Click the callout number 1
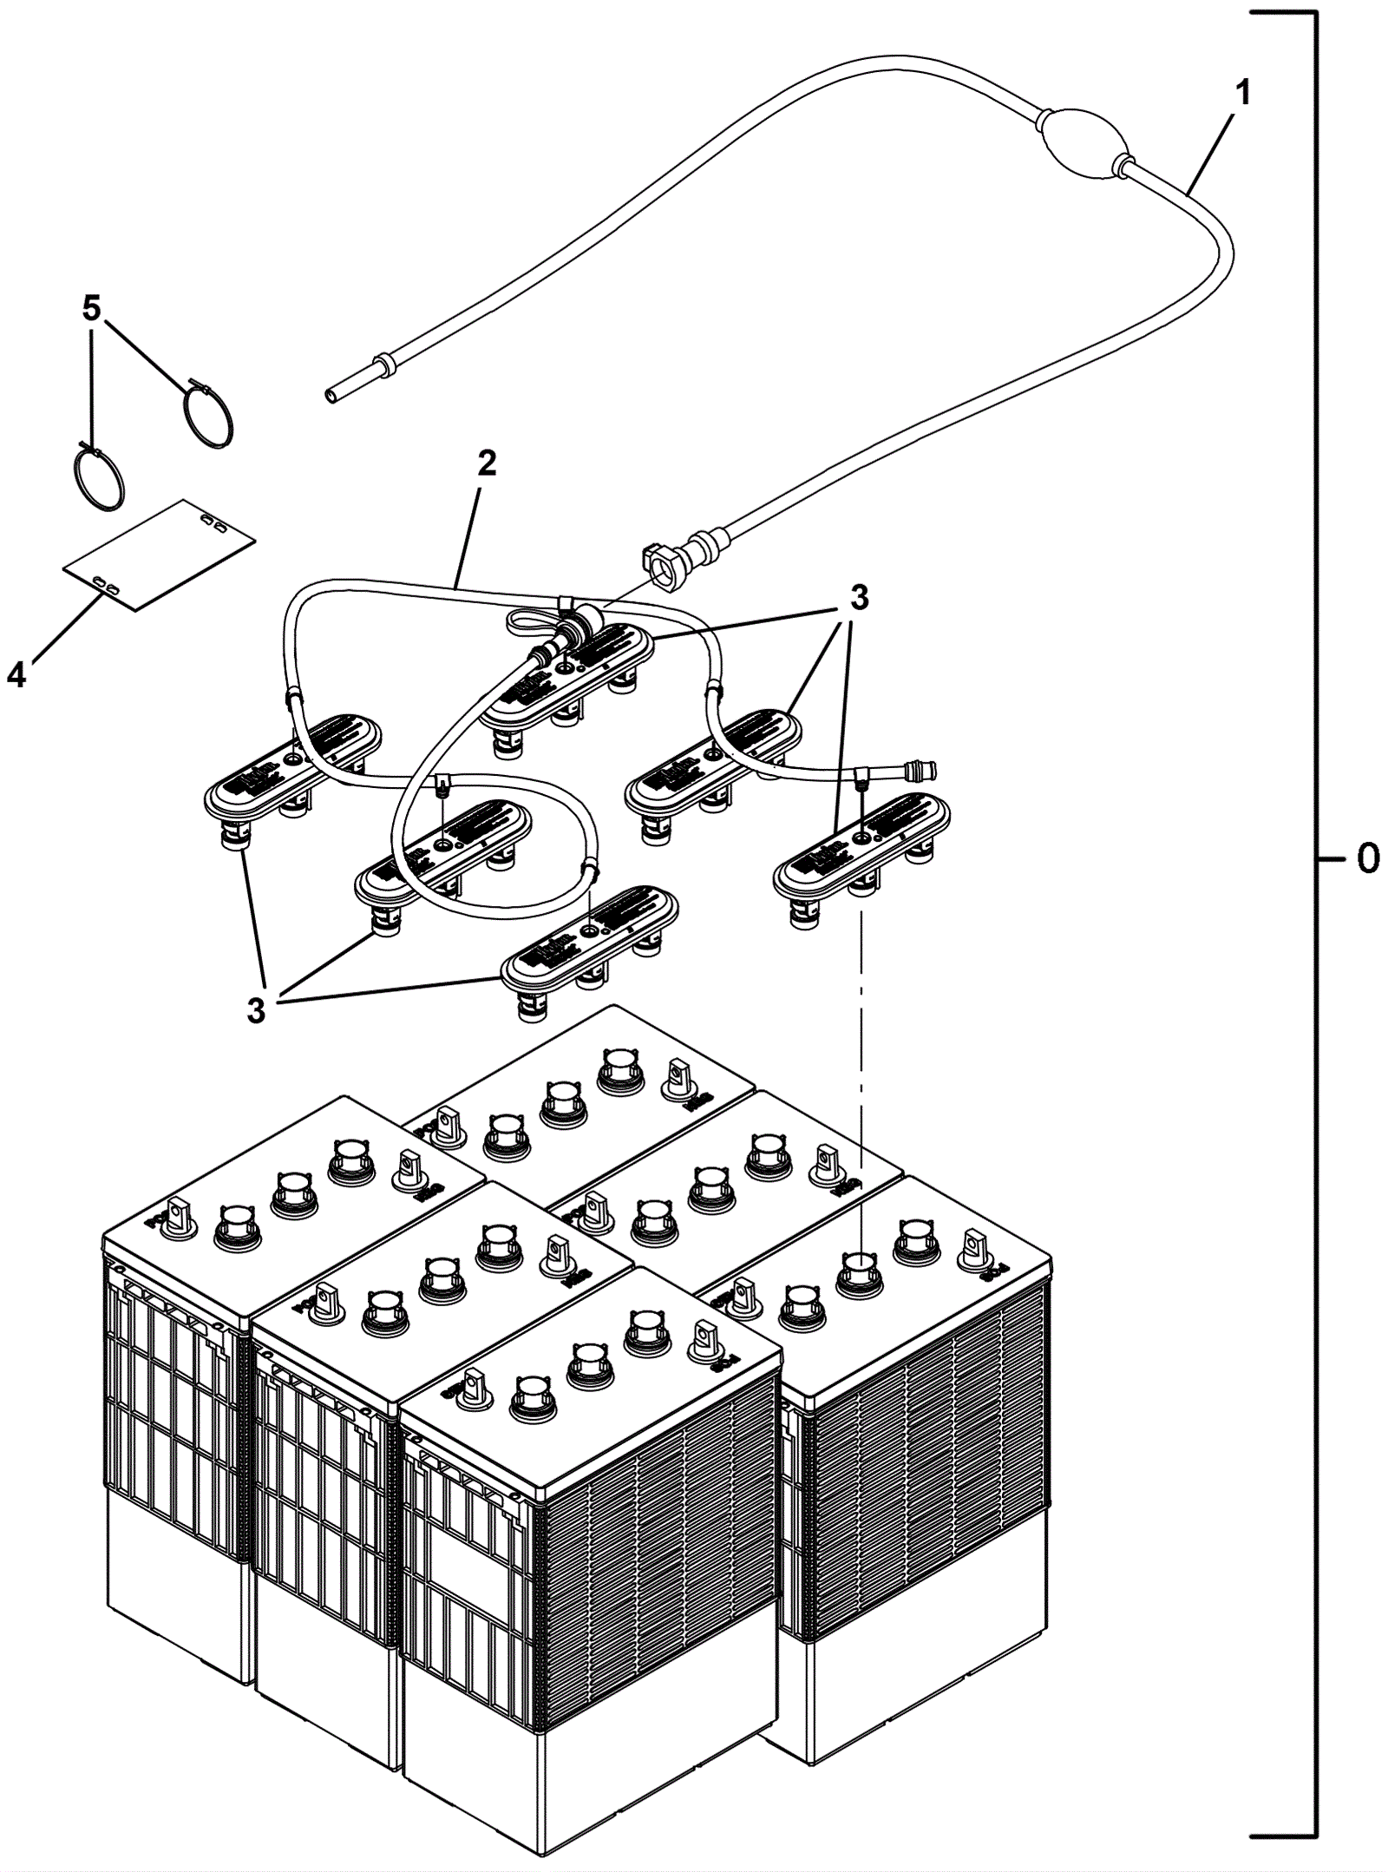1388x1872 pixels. (x=1242, y=93)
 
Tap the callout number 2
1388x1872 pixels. (x=487, y=463)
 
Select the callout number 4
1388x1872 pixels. (x=16, y=674)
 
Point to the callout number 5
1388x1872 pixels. (x=91, y=309)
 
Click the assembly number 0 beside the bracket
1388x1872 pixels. (x=1367, y=858)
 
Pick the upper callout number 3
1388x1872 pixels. (x=858, y=597)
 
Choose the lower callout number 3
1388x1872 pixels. (x=256, y=1010)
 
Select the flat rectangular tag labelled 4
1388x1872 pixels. (x=160, y=554)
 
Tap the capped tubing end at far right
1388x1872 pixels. (x=924, y=769)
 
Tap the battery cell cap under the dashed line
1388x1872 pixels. (x=860, y=1268)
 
